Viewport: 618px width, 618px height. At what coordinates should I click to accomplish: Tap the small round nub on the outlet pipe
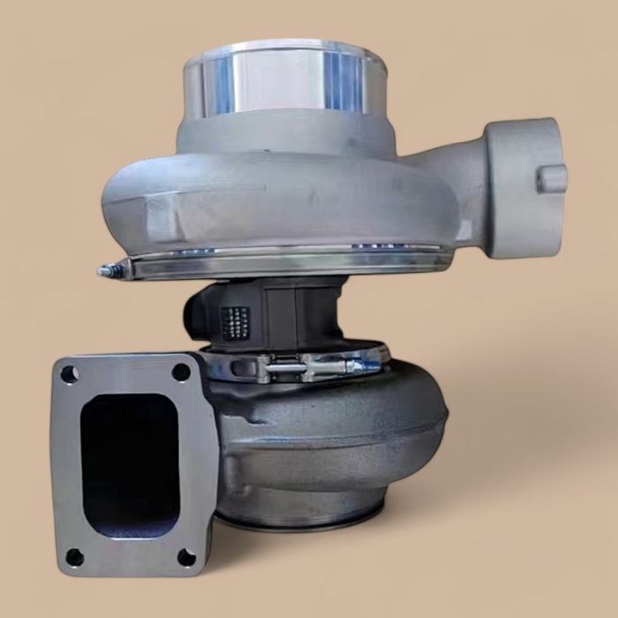tap(553, 179)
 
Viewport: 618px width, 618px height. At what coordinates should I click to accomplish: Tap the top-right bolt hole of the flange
tap(181, 372)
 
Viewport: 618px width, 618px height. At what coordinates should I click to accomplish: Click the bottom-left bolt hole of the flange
tap(74, 557)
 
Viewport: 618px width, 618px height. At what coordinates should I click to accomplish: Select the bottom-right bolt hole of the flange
tap(186, 556)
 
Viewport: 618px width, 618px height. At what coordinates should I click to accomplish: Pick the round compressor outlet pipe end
tap(525, 188)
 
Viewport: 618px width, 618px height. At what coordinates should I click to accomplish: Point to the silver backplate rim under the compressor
tap(291, 263)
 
